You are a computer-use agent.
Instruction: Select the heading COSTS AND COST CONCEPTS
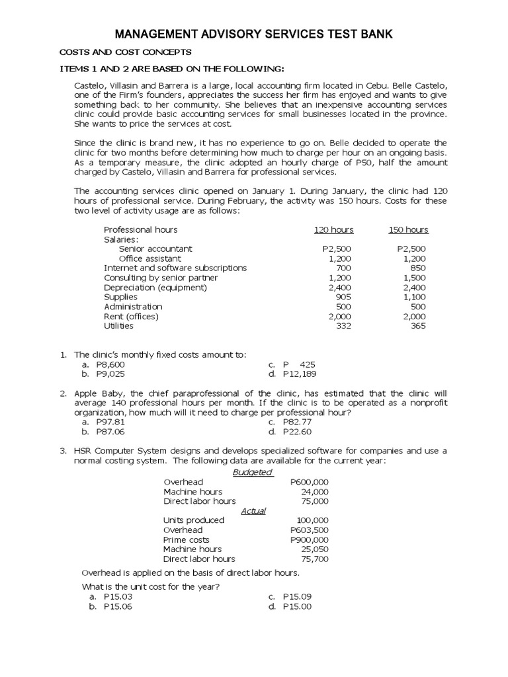pyautogui.click(x=126, y=52)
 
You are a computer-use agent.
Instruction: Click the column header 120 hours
pyautogui.click(x=333, y=230)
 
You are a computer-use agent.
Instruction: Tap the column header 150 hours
pyautogui.click(x=408, y=230)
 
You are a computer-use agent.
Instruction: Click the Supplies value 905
pyautogui.click(x=343, y=297)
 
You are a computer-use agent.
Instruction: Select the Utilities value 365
pyautogui.click(x=418, y=326)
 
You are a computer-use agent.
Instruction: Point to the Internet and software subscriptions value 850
pyautogui.click(x=418, y=268)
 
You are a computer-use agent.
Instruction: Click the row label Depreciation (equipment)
pyautogui.click(x=155, y=288)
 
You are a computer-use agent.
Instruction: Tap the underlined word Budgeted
pyautogui.click(x=252, y=472)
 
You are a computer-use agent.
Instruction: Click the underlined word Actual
pyautogui.click(x=253, y=511)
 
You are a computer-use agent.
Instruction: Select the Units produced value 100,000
pyautogui.click(x=312, y=520)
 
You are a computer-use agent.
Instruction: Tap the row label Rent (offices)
pyautogui.click(x=132, y=316)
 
